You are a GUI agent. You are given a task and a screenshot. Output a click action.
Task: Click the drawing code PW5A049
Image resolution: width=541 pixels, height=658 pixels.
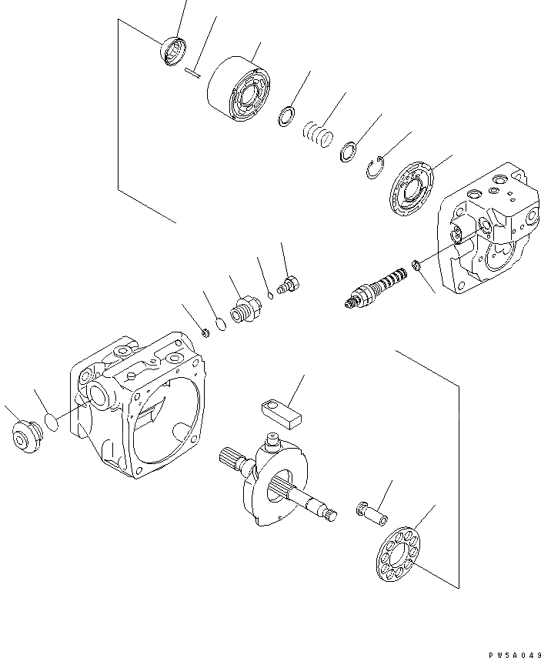click(x=509, y=653)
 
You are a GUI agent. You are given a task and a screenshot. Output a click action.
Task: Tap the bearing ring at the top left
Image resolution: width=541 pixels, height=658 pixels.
click(x=174, y=52)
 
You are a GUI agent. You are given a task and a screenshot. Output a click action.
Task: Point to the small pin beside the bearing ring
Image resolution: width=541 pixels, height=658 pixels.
click(x=193, y=73)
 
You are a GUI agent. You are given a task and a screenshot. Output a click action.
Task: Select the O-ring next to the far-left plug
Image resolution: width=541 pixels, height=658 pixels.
click(x=51, y=422)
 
